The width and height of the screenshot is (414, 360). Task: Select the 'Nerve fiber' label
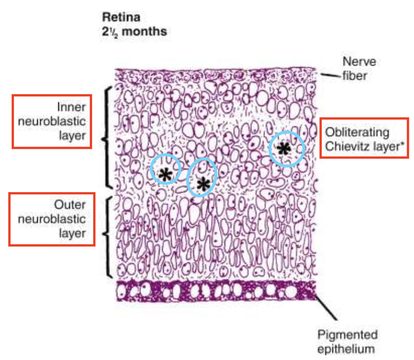point(359,69)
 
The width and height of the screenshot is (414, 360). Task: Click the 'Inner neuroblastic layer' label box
point(52,121)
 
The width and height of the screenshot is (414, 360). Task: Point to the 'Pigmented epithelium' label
point(347,342)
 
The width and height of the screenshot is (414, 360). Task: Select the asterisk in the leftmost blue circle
point(165,174)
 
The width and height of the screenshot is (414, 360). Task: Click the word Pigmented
point(347,335)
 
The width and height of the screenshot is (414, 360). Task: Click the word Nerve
point(359,62)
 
